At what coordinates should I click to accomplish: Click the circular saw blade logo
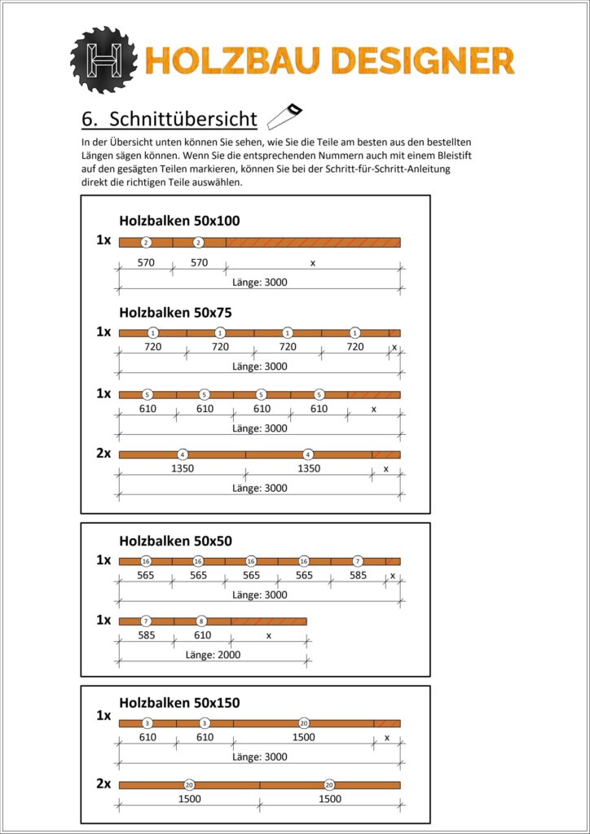[x=105, y=60]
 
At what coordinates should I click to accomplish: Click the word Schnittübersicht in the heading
[x=183, y=119]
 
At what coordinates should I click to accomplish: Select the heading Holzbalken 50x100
[x=179, y=220]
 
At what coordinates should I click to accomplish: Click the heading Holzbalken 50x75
[x=176, y=311]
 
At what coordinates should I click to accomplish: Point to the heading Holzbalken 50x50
[x=176, y=540]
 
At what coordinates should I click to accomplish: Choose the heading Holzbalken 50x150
[x=179, y=702]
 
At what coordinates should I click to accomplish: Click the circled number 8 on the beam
[x=202, y=621]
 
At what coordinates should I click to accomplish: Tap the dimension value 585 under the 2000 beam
[x=146, y=635]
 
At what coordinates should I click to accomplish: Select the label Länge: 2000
[x=213, y=654]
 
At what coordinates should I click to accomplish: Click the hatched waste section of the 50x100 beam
[x=313, y=242]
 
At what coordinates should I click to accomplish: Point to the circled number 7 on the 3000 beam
[x=358, y=561]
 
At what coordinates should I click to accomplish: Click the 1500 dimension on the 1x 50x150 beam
[x=303, y=737]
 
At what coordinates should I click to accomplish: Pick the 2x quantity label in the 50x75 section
[x=103, y=454]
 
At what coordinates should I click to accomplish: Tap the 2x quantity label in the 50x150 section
[x=103, y=784]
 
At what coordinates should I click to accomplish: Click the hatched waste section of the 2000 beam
[x=268, y=621]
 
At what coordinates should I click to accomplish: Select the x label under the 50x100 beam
[x=312, y=263]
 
